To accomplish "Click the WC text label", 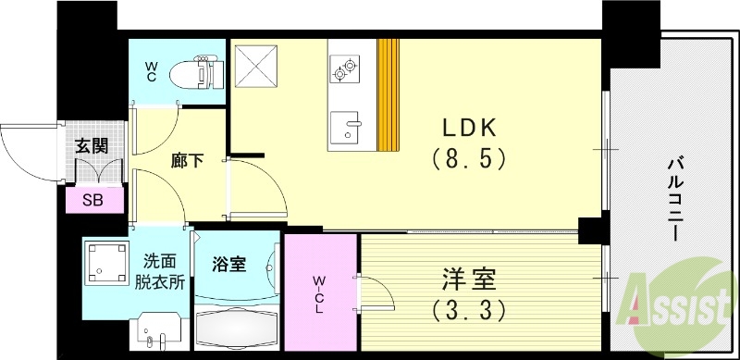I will click(151, 71).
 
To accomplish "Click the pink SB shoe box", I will click(92, 200).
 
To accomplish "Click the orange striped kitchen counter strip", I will click(388, 94).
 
